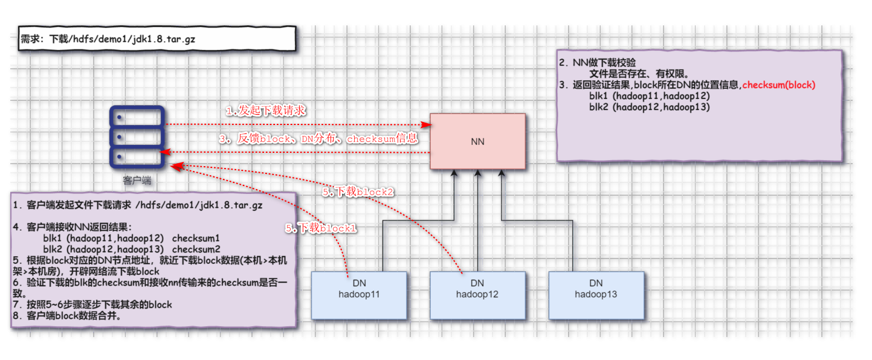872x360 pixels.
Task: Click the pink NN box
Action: [477, 141]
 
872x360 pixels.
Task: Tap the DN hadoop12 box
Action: [477, 295]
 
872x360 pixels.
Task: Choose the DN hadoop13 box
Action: [596, 295]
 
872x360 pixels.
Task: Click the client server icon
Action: [137, 137]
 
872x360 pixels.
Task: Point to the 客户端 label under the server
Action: [137, 180]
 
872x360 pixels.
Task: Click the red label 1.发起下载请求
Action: [266, 111]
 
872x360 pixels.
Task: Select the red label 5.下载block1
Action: [321, 228]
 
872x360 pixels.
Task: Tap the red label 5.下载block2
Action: [358, 192]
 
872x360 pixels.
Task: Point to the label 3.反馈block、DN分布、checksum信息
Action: [318, 138]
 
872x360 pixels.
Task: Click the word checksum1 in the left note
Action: [196, 239]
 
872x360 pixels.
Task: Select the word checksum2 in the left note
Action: [196, 249]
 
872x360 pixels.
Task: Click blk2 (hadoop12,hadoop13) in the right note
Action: [649, 107]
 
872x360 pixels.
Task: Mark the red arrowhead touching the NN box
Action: [426, 124]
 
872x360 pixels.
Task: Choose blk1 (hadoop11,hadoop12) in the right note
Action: [649, 95]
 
